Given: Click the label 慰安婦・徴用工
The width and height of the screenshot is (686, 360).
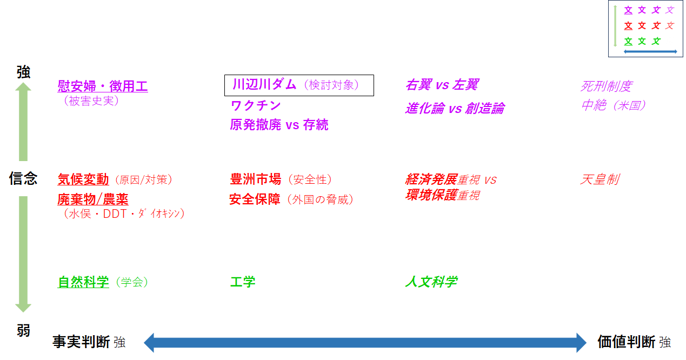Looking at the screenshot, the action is (x=103, y=86).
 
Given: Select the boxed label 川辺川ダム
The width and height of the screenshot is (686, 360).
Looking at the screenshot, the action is (x=264, y=84).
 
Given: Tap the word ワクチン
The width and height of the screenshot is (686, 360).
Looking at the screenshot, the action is (x=255, y=105).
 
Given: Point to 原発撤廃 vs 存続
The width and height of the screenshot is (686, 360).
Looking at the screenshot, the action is (x=279, y=125).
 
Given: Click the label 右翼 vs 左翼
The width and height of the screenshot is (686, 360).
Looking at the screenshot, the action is (x=442, y=85).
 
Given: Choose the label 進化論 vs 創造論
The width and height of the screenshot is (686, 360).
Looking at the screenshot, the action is (x=455, y=108).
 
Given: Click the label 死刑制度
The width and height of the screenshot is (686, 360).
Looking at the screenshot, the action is (x=606, y=86).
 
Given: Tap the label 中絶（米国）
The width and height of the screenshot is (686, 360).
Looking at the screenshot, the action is (x=614, y=105).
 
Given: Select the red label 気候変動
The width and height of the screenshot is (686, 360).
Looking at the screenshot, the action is (x=83, y=179).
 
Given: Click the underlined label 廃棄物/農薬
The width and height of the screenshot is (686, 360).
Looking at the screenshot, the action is (x=93, y=199).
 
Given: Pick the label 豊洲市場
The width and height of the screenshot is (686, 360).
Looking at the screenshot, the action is (x=255, y=179).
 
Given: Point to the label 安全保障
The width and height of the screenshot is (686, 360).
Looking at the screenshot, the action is (x=255, y=199).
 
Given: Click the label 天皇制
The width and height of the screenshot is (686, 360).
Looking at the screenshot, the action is (x=600, y=179).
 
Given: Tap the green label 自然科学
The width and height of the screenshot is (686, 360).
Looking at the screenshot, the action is (x=83, y=282).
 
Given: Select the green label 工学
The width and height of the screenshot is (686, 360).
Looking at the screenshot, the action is (x=243, y=282).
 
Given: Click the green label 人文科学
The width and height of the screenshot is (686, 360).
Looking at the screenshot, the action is (x=431, y=282).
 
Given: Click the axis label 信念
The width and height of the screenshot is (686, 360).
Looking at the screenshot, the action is (x=23, y=178).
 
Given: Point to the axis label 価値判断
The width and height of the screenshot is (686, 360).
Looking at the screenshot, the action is (x=627, y=342).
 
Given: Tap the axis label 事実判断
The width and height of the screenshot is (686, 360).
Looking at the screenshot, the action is (x=81, y=342).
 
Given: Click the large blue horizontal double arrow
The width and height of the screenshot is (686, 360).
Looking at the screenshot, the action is (x=365, y=343).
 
